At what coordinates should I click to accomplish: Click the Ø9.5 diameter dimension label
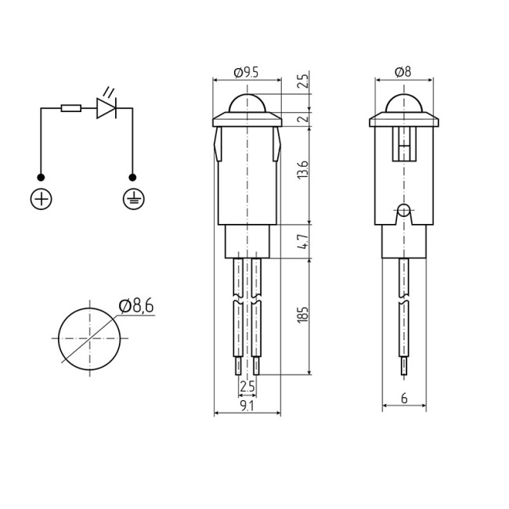(x=246, y=72)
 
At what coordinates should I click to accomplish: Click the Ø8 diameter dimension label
(x=403, y=72)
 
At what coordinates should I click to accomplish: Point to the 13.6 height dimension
(x=304, y=169)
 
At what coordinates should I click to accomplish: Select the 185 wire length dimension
(x=304, y=314)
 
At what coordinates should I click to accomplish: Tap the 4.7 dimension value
(x=304, y=242)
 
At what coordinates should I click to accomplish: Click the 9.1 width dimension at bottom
(x=247, y=406)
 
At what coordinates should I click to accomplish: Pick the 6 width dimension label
(x=404, y=399)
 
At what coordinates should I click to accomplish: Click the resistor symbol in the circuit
(x=70, y=108)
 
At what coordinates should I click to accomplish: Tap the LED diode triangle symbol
(x=106, y=108)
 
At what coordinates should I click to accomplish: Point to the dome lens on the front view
(x=247, y=105)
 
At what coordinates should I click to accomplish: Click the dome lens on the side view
(x=403, y=105)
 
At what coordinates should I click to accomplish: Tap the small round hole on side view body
(x=403, y=210)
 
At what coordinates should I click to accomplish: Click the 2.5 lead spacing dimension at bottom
(x=247, y=386)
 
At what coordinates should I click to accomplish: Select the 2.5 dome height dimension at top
(x=304, y=81)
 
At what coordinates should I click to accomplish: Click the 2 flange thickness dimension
(x=304, y=118)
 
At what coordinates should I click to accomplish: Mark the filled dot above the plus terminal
(x=41, y=178)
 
